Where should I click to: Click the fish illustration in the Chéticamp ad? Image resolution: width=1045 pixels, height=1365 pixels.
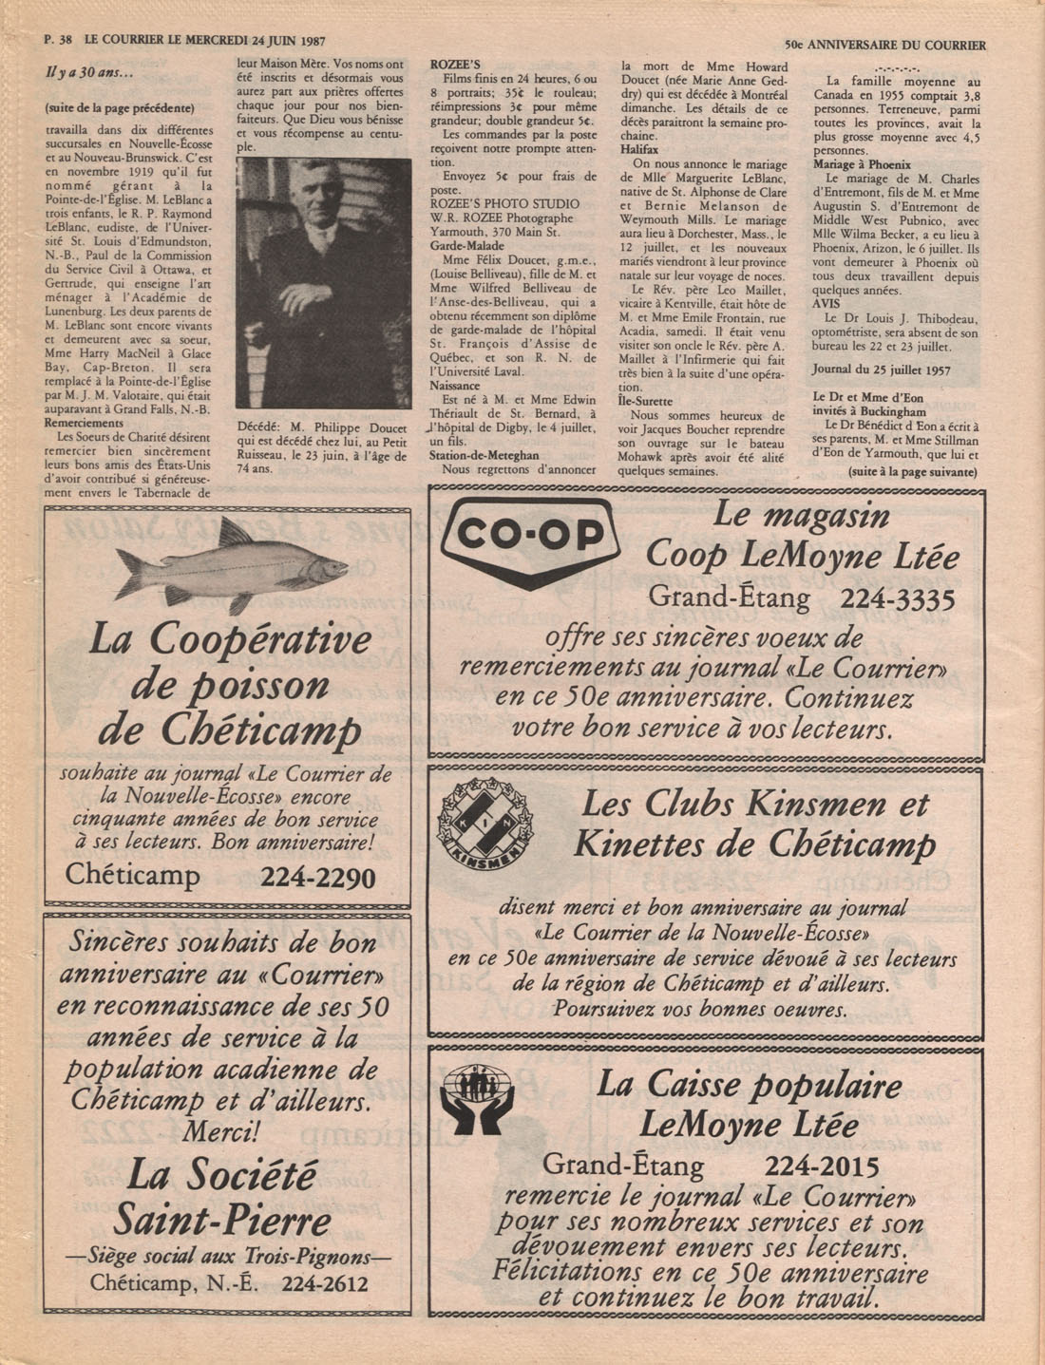[x=232, y=566]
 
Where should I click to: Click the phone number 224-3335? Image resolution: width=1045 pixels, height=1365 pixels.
[x=897, y=598]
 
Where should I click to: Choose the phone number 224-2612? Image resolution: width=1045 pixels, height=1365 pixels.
[x=324, y=1284]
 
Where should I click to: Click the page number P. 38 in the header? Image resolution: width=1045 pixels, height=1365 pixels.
[x=59, y=42]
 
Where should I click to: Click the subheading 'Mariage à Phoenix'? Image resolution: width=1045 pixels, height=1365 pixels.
[x=862, y=164]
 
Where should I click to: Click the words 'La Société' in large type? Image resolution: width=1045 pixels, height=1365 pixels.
[x=221, y=1177]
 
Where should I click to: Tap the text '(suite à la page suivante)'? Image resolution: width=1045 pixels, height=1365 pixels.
[x=913, y=471]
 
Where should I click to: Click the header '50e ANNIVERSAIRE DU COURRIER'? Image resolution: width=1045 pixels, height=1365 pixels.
[x=885, y=45]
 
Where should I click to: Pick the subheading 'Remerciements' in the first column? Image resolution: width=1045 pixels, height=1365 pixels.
[x=87, y=423]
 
